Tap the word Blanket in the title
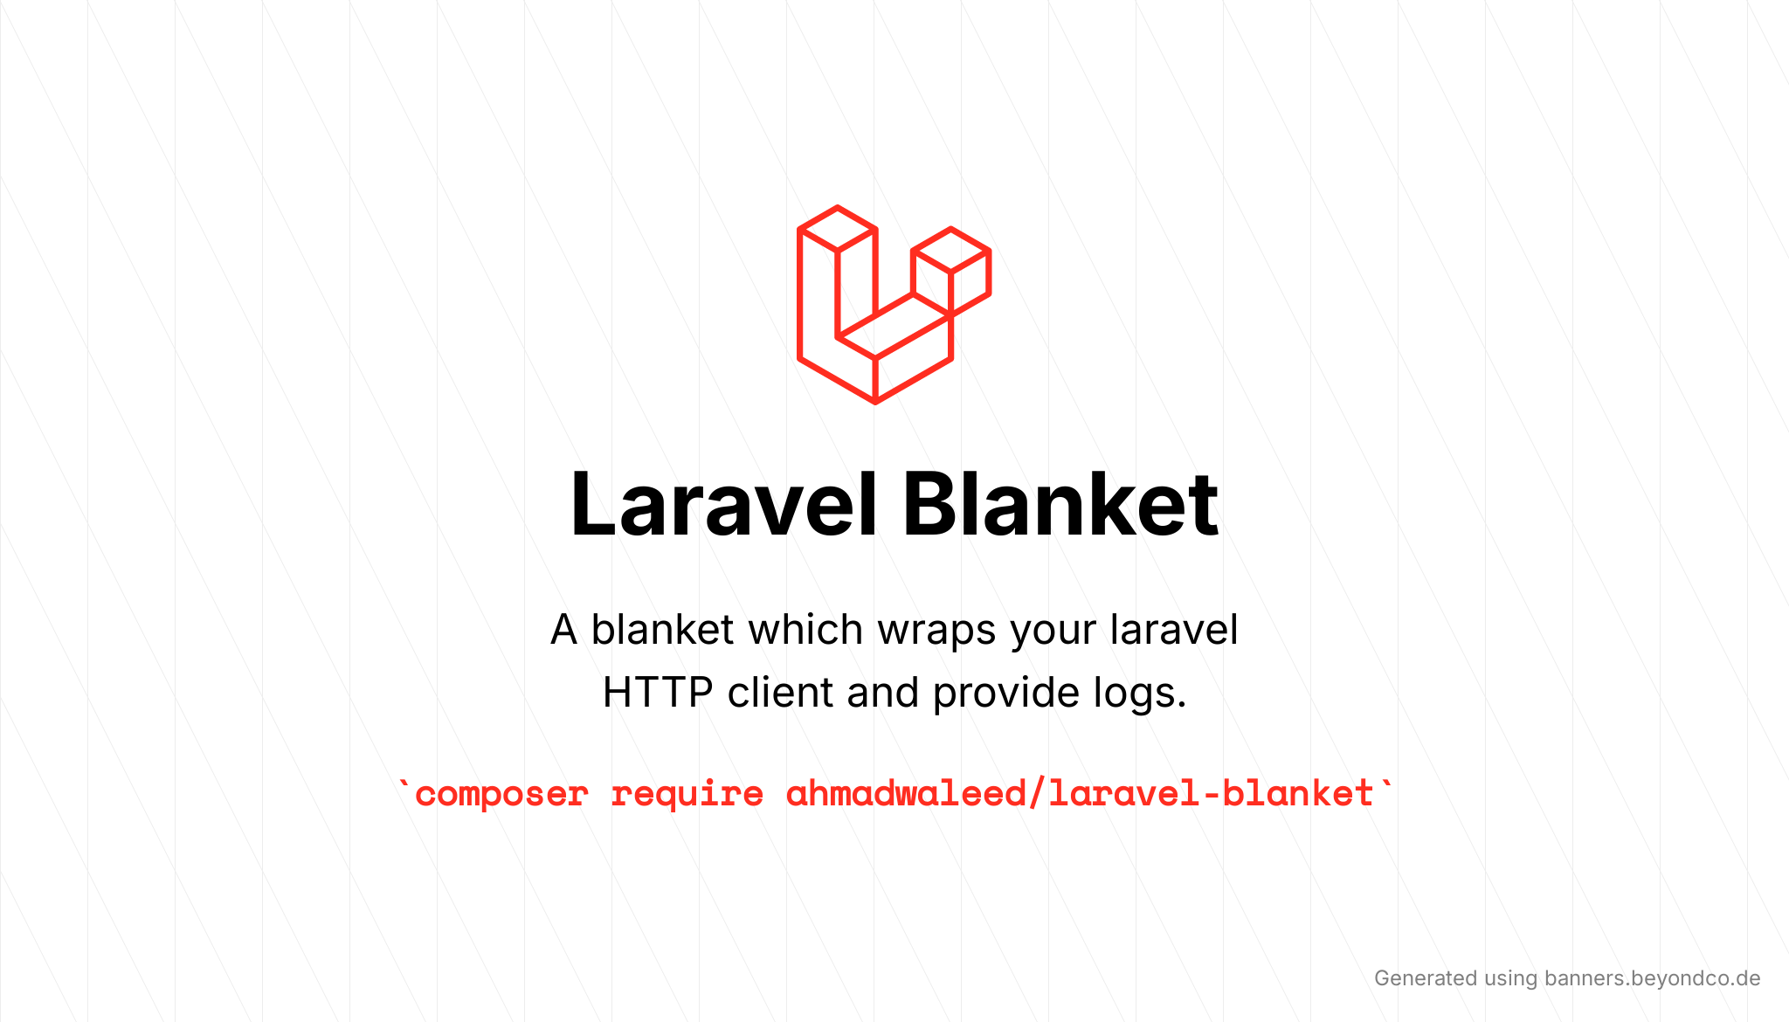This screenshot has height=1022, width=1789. point(1060,505)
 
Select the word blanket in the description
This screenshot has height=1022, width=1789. point(662,629)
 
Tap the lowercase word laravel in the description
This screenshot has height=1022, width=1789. point(1174,629)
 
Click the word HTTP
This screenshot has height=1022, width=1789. point(658,693)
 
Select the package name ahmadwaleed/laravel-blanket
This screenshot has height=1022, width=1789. point(1081,794)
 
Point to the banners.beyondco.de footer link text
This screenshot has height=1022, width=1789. point(1652,978)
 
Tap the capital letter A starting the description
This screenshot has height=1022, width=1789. point(564,630)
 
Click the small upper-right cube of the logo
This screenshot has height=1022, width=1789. point(950,271)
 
